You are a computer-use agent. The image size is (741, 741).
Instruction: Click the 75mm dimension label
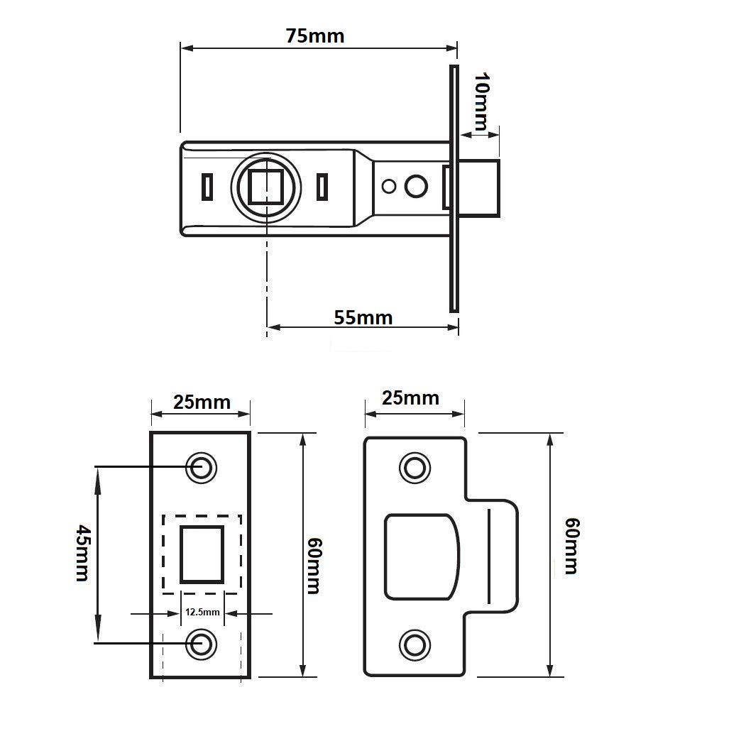314,36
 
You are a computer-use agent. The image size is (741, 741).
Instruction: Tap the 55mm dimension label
363,317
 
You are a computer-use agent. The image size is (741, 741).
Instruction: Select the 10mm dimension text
482,101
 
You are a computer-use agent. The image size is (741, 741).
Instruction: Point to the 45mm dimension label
82,552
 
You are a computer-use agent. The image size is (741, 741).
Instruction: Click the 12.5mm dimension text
202,612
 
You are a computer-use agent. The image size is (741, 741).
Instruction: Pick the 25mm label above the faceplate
202,402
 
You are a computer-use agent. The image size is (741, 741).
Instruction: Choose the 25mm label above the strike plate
410,398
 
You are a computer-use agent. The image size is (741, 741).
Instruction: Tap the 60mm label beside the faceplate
314,566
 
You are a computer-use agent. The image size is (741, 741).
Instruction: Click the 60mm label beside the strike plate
572,546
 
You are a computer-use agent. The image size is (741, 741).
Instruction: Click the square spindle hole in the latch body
266,186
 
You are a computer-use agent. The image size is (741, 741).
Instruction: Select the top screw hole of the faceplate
202,468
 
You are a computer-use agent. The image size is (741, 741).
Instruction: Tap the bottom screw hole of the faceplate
202,644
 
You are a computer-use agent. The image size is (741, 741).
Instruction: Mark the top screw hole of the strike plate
415,468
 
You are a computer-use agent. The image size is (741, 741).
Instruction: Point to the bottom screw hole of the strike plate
415,644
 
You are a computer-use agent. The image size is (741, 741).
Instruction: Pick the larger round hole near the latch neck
417,186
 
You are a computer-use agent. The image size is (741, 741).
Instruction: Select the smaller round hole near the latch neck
389,187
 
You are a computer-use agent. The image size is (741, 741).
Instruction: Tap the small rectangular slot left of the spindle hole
207,187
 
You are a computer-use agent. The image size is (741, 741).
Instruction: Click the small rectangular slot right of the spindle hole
322,187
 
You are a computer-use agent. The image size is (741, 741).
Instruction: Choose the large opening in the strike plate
422,556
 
